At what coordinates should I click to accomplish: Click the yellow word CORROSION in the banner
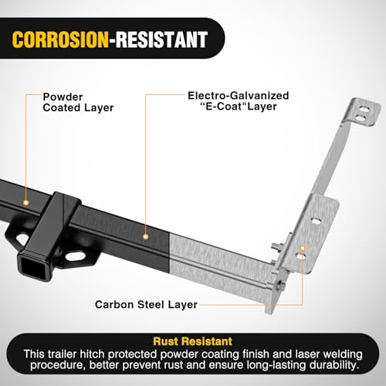[x=60, y=39]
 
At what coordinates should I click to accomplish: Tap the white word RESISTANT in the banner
[x=161, y=39]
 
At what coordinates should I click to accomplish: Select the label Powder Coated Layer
[x=78, y=103]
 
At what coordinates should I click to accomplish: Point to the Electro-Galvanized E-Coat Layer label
[x=239, y=101]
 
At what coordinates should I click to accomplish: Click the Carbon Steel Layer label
[x=146, y=304]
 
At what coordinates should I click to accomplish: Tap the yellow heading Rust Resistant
[x=193, y=341]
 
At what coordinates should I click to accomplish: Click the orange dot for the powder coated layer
[x=25, y=203]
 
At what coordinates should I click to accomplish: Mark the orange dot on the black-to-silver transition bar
[x=146, y=237]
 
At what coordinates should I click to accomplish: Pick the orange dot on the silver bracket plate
[x=303, y=249]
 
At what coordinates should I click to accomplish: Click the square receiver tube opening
[x=33, y=268]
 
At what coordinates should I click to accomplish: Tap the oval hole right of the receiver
[x=76, y=256]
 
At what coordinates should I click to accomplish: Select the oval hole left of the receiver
[x=23, y=239]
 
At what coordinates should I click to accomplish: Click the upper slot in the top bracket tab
[x=364, y=110]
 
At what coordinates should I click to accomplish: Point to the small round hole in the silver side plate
[x=316, y=221]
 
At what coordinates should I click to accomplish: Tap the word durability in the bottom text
[x=334, y=365]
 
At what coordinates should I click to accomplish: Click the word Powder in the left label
[x=63, y=97]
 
